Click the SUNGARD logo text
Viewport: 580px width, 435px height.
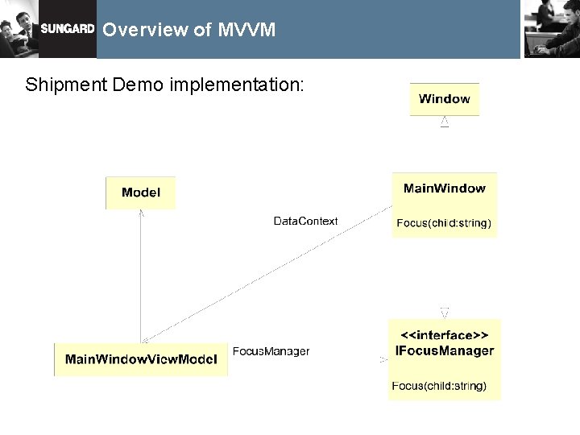coord(68,28)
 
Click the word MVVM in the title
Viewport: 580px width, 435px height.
coord(246,30)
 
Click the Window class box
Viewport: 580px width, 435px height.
coord(444,99)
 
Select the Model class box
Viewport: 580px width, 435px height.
coord(140,193)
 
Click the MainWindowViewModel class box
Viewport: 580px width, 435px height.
coord(141,359)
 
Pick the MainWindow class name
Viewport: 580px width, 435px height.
coord(444,188)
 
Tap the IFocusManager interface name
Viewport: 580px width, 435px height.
coord(444,350)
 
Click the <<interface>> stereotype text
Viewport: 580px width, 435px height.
coord(444,334)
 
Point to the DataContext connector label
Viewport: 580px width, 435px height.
coord(305,221)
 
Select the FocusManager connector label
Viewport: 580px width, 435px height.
coord(271,351)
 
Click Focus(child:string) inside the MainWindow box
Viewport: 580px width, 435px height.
coord(444,223)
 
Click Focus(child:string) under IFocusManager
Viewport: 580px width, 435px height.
coord(439,386)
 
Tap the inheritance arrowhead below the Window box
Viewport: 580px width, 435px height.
coord(444,122)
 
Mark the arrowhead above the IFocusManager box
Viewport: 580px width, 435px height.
coord(444,312)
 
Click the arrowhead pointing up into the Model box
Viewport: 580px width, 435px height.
coord(141,213)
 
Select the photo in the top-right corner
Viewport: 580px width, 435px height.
coord(551,29)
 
